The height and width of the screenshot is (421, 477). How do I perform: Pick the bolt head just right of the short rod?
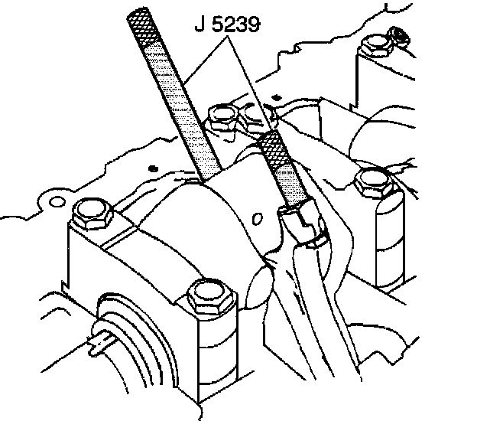click(x=375, y=183)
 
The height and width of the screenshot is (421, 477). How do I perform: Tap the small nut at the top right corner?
click(x=397, y=34)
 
